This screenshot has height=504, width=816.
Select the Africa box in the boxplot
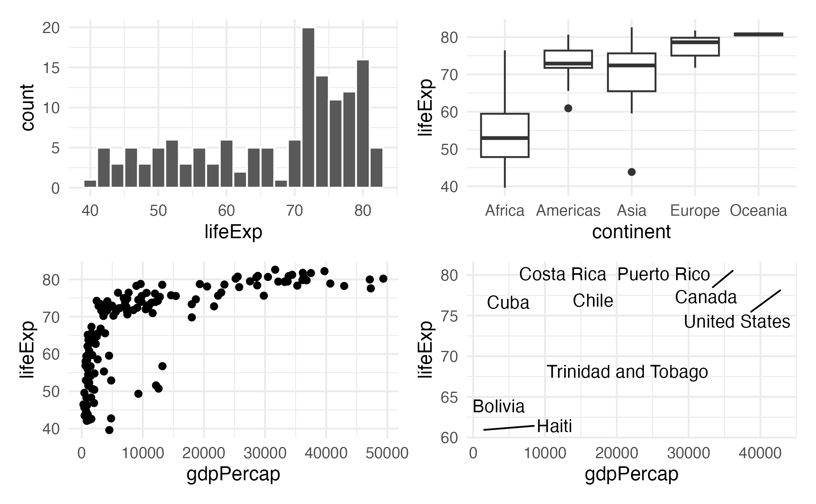tap(505, 135)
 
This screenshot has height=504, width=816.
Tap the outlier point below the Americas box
tap(568, 108)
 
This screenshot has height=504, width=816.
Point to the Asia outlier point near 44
tap(632, 172)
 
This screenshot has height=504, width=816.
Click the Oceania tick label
tap(758, 211)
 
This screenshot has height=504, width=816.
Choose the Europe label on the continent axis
tap(695, 211)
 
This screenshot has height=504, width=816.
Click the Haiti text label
tap(554, 426)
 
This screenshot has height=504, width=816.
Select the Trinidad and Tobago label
tap(627, 372)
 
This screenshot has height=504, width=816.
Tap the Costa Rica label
tap(562, 274)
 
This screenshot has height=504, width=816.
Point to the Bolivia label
tap(499, 406)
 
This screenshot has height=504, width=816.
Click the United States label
tap(737, 322)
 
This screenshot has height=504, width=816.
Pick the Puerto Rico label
tap(663, 274)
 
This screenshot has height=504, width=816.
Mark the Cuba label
tap(508, 303)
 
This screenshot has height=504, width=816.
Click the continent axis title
tap(631, 232)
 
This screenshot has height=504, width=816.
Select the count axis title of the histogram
tap(28, 108)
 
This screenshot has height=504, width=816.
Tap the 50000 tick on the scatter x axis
tap(387, 453)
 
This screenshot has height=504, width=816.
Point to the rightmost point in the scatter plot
tap(383, 279)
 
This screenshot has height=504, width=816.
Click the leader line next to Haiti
tap(509, 428)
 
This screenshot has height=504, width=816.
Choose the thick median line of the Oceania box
tap(758, 35)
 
